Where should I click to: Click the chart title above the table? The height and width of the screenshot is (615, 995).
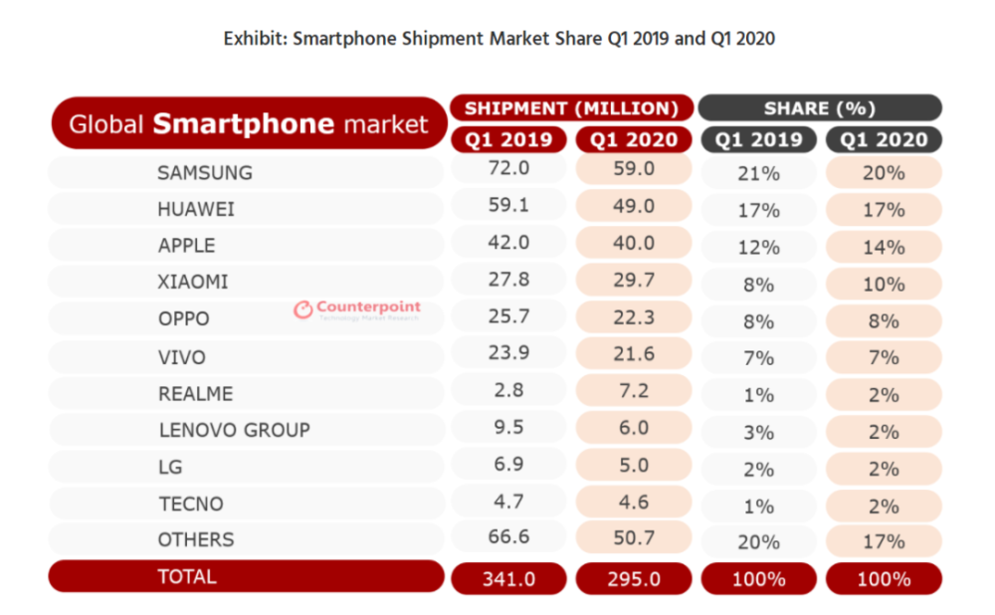pos(498,39)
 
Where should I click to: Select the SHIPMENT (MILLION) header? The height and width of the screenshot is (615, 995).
pos(571,107)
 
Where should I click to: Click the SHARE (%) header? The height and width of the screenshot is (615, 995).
pos(820,107)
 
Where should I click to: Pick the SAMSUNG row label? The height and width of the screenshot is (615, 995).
pos(204,172)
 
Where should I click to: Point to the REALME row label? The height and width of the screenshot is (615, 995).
pos(195,394)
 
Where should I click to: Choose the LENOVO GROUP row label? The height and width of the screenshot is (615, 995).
pos(234,430)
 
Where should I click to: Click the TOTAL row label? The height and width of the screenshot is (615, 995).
pos(186,576)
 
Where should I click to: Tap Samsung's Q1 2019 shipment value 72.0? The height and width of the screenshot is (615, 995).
pos(509,170)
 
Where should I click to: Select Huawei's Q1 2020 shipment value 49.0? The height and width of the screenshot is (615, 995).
pos(634,208)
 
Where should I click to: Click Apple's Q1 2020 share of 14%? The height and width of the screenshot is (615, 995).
pos(884,247)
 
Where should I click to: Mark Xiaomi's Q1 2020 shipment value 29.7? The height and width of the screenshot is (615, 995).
pos(634,282)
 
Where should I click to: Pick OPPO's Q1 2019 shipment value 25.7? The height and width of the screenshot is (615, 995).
pos(509,319)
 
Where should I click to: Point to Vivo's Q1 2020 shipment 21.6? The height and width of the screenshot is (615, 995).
pos(634,356)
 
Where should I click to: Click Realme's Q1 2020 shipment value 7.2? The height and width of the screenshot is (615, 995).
pos(634,392)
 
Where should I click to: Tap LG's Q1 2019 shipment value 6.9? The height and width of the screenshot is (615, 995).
pos(509,467)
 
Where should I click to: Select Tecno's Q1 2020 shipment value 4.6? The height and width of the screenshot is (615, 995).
pos(634,504)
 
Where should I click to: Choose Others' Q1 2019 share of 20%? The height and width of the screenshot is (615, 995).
pos(758,541)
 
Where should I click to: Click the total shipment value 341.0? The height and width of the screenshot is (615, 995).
pos(509,578)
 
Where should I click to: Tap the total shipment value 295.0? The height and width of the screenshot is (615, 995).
pos(634,578)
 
